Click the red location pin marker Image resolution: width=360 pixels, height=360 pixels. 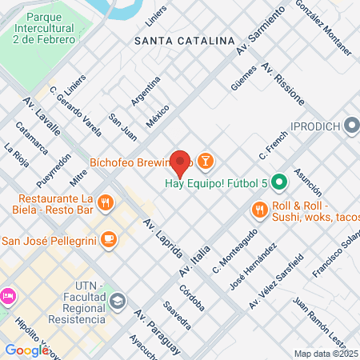(181, 163)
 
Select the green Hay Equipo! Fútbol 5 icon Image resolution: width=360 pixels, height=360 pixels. (279, 182)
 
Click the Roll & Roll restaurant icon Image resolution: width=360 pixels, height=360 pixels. (259, 210)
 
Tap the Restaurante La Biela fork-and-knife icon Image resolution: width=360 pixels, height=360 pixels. (106, 203)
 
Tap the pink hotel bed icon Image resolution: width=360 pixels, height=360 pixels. (6, 295)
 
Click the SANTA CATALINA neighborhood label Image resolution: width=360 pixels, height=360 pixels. (184, 39)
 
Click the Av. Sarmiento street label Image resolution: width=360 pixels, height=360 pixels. (261, 33)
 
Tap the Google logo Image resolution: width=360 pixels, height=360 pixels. (27, 350)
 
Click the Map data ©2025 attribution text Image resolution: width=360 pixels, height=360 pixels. (326, 354)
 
